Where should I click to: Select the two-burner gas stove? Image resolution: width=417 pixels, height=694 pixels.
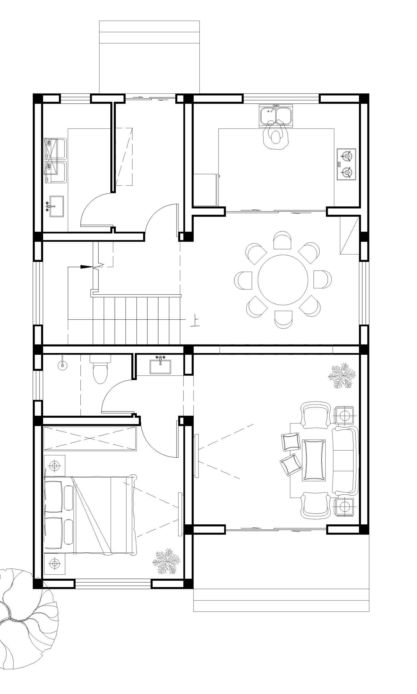click(346, 164)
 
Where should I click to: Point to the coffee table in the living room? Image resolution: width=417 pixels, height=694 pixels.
click(314, 460)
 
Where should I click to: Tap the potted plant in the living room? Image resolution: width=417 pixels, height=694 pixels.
click(342, 376)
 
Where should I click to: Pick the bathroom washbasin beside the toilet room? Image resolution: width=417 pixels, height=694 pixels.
click(160, 365)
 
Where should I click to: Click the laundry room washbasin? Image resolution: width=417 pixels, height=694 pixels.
click(56, 207)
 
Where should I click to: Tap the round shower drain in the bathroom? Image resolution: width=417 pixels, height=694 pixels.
click(62, 365)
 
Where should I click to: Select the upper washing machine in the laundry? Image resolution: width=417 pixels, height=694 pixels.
click(55, 149)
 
